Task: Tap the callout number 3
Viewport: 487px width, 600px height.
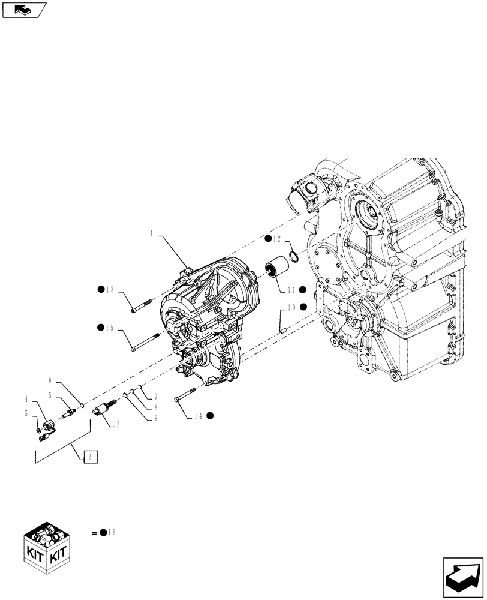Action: point(118,424)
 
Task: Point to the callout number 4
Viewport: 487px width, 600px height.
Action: point(26,398)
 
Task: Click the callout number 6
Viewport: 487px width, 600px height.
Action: point(50,380)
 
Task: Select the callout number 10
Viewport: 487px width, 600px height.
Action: point(291,307)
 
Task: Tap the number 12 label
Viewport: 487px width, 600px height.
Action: point(277,239)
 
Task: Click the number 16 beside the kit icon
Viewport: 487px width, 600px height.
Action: point(112,532)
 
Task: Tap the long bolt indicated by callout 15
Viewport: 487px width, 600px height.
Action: point(144,342)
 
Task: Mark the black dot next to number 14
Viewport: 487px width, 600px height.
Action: point(210,415)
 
